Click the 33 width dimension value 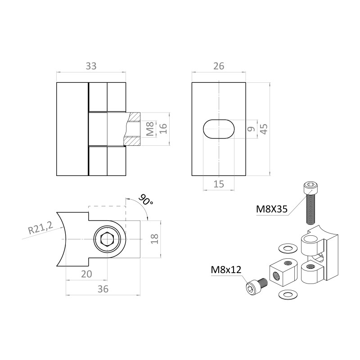coord(91,66)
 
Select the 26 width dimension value coord(219,66)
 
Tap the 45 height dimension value coord(264,129)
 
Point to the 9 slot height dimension coord(252,129)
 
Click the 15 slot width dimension coord(219,184)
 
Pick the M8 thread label coord(150,129)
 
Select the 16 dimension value coord(163,129)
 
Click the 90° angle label coord(146,200)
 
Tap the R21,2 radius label coord(40,227)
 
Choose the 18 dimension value coord(155,239)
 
